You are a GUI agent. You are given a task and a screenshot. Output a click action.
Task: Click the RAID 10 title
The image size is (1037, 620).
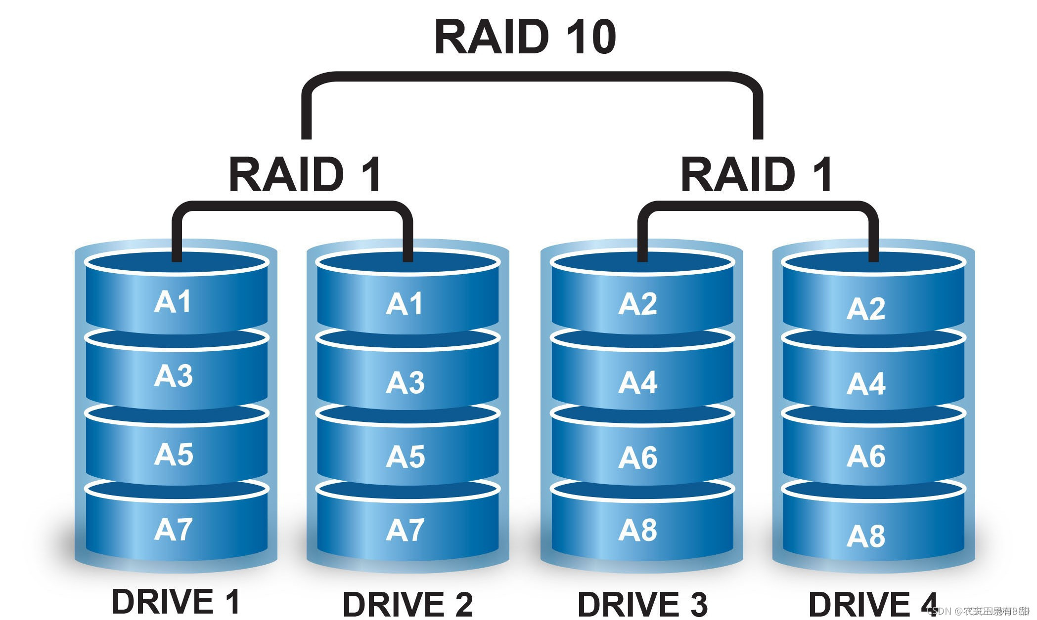(x=525, y=37)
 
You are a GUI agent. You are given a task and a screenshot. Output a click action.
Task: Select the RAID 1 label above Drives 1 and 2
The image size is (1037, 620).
(x=305, y=174)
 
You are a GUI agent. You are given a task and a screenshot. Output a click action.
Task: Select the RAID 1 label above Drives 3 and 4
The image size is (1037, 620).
(x=757, y=174)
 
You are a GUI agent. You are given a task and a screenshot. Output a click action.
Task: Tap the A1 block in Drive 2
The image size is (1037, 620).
(x=405, y=303)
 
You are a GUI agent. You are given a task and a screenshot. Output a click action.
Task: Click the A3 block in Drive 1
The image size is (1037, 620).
(x=173, y=376)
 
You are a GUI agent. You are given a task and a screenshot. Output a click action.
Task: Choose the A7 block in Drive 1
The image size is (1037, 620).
(x=173, y=530)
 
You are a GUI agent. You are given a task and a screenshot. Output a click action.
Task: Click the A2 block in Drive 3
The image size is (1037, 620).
(x=638, y=303)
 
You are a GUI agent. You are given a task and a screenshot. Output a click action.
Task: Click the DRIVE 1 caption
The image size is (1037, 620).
(x=176, y=602)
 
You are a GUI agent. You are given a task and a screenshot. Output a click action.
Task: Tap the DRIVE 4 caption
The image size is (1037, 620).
(x=873, y=604)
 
